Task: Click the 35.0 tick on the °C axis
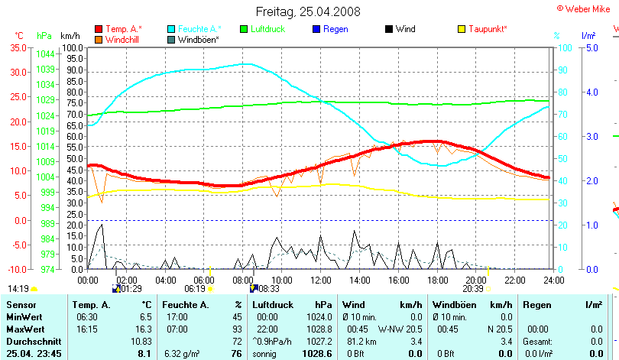(x=18, y=47)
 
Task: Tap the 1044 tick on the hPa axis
(x=45, y=54)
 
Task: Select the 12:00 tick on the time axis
(x=319, y=280)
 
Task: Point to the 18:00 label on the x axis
(x=437, y=280)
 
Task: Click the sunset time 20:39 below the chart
(x=474, y=289)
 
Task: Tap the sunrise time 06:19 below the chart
(x=195, y=289)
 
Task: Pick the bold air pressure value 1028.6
(x=316, y=354)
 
